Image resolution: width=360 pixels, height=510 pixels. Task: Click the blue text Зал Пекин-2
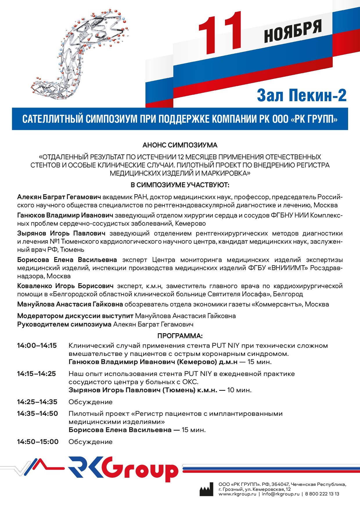click(302, 95)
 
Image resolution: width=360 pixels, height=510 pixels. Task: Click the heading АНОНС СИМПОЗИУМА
click(180, 145)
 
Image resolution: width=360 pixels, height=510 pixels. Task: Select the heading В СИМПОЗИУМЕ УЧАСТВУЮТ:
click(180, 185)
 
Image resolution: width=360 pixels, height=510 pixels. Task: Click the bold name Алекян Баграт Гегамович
click(59, 197)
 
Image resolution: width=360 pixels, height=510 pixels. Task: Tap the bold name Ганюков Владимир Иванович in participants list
click(65, 215)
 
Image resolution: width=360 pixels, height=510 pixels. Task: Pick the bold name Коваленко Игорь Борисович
click(65, 286)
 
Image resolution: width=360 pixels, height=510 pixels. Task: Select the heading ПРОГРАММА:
click(180, 336)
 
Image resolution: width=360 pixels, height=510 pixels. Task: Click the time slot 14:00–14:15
click(37, 346)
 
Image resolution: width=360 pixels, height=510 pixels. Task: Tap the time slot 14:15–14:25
click(37, 374)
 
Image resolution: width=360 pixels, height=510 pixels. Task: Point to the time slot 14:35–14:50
click(37, 414)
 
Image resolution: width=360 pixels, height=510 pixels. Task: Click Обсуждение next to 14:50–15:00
click(90, 442)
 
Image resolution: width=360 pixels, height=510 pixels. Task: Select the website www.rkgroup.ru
click(237, 494)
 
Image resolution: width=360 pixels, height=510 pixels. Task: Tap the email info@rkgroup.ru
click(280, 494)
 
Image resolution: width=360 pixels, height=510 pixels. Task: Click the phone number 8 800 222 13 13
click(322, 494)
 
